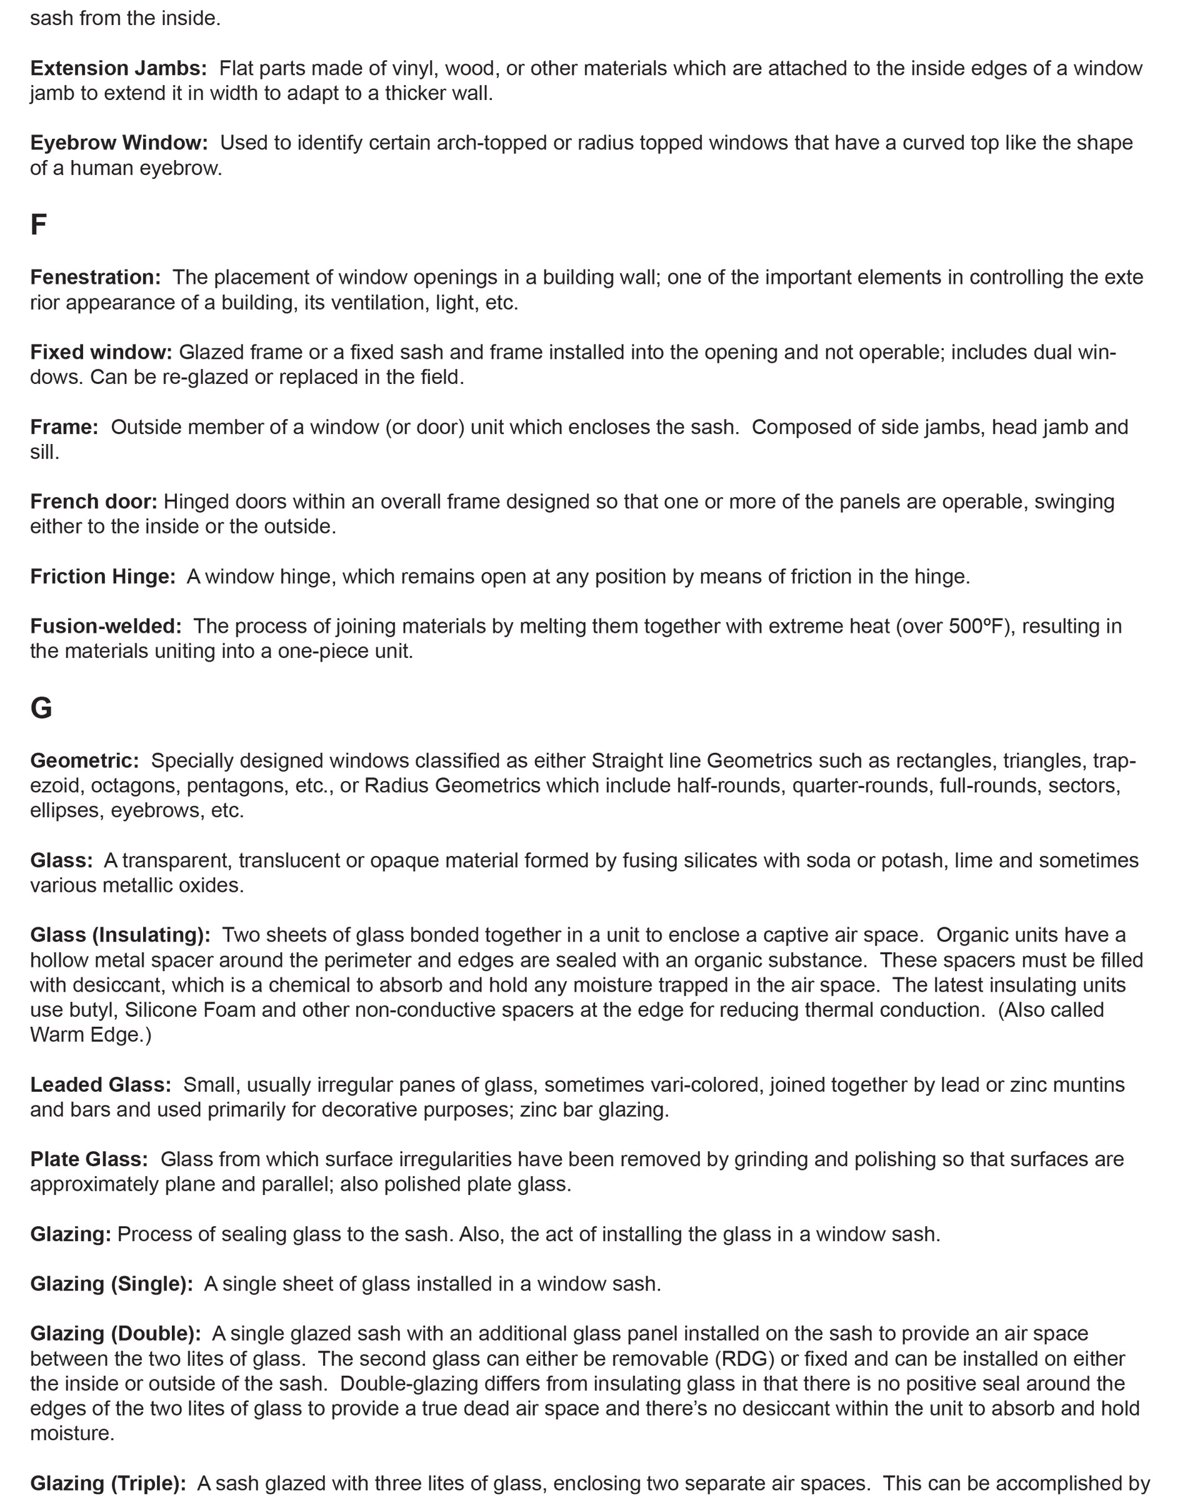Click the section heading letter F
(x=38, y=225)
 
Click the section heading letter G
(x=41, y=708)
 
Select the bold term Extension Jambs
(x=118, y=68)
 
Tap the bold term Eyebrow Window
(x=119, y=143)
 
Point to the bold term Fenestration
(x=96, y=277)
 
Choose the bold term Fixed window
(x=101, y=352)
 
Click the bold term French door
(x=93, y=502)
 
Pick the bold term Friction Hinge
(x=102, y=576)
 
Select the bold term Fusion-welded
(x=106, y=627)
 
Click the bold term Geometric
(x=84, y=760)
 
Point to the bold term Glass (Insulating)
(x=121, y=935)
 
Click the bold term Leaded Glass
(x=100, y=1085)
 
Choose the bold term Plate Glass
(x=89, y=1159)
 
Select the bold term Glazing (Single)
(x=111, y=1283)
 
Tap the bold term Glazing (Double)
(x=116, y=1333)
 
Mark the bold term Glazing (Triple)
(x=108, y=1483)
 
